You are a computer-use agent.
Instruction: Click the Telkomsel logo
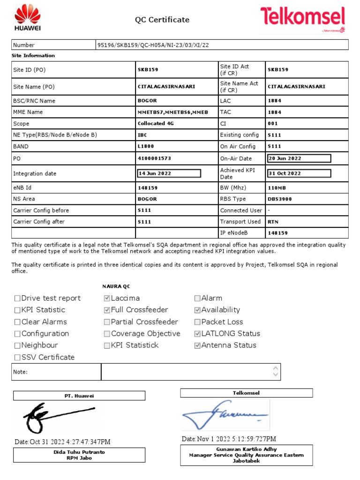pos(303,19)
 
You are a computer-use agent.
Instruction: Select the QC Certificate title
pos(162,20)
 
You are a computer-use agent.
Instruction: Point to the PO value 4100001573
pos(154,158)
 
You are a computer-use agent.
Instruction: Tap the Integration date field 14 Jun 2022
pos(169,173)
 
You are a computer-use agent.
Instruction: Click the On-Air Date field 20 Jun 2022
pos(299,158)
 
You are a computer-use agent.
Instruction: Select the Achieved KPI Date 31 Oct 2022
pos(299,173)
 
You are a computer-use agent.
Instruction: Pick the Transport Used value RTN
pos(272,222)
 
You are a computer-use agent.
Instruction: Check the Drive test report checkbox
pos(17,298)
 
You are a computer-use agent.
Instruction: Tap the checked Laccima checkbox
pos(107,298)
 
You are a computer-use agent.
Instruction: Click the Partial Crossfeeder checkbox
pos(107,322)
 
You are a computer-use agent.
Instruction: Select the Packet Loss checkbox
pos(197,322)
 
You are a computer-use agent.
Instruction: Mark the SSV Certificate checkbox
pos(17,358)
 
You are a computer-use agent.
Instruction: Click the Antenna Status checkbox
pos(197,345)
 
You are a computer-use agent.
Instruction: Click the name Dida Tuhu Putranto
pos(79,452)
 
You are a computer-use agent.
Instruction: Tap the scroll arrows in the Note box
pos(275,372)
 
